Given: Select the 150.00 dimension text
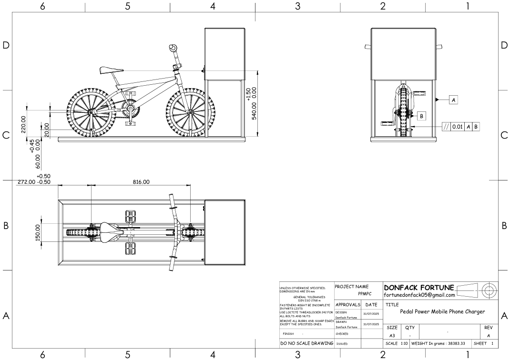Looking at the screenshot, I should click(38, 233).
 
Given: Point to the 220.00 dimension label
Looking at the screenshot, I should click(23, 124).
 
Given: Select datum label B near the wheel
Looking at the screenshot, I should click(422, 116).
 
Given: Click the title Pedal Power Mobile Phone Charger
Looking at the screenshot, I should click(442, 311).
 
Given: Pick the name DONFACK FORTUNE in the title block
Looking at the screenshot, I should click(418, 288).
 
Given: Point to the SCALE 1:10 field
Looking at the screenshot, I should click(397, 343).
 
